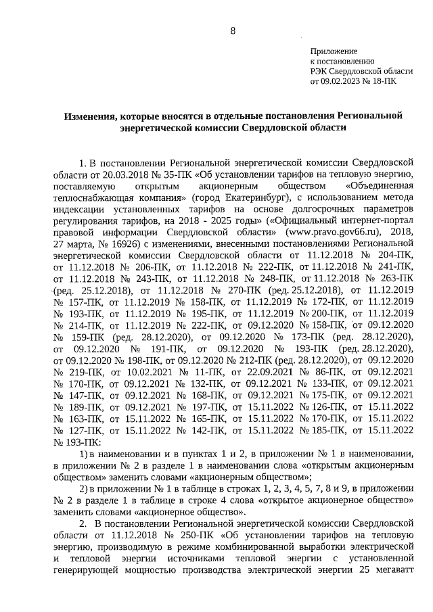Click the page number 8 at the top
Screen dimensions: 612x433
[x=233, y=31]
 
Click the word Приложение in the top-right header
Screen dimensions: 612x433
[x=333, y=51]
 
